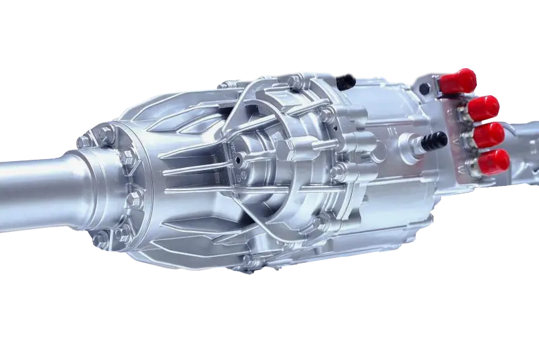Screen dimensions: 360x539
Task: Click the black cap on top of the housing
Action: click(x=348, y=80)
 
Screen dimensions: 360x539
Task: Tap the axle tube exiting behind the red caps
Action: click(x=526, y=145)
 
